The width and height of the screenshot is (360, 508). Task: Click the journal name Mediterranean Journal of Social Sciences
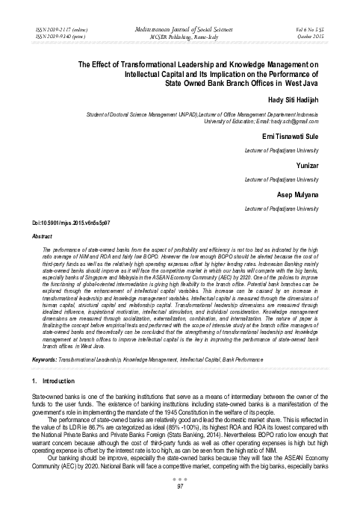180,27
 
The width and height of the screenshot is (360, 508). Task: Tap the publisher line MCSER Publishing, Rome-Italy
180,35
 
